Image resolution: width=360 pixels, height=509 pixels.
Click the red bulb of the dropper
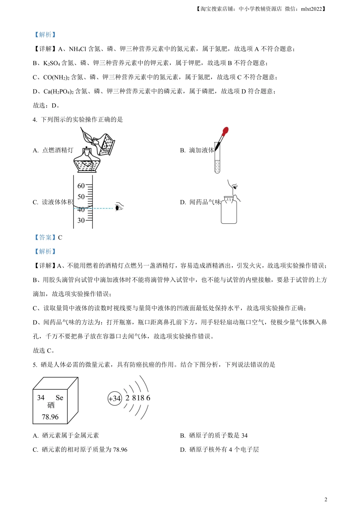[225, 132]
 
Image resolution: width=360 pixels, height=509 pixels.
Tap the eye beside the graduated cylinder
[120, 207]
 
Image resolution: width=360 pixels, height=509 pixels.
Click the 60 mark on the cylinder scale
[81, 186]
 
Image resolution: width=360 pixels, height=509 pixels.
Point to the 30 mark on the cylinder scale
[81, 220]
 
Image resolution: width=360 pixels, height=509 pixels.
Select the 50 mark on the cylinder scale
[81, 197]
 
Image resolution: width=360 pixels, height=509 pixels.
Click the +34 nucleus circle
[114, 398]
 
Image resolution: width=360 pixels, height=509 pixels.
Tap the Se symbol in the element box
[59, 398]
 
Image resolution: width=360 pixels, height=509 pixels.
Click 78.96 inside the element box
[50, 417]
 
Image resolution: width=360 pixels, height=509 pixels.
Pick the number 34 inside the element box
[41, 398]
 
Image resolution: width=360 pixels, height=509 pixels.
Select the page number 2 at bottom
[326, 500]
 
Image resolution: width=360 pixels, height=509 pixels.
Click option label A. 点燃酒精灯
[53, 150]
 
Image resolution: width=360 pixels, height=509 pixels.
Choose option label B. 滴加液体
[197, 150]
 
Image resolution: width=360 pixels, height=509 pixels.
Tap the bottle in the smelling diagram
[229, 211]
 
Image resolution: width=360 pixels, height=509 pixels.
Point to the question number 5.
[34, 365]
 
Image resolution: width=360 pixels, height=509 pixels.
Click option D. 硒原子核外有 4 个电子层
[219, 450]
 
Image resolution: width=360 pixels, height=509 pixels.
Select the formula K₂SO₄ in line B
[52, 63]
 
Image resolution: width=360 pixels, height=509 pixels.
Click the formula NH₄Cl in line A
[78, 49]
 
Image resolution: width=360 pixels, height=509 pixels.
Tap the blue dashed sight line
[102, 208]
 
